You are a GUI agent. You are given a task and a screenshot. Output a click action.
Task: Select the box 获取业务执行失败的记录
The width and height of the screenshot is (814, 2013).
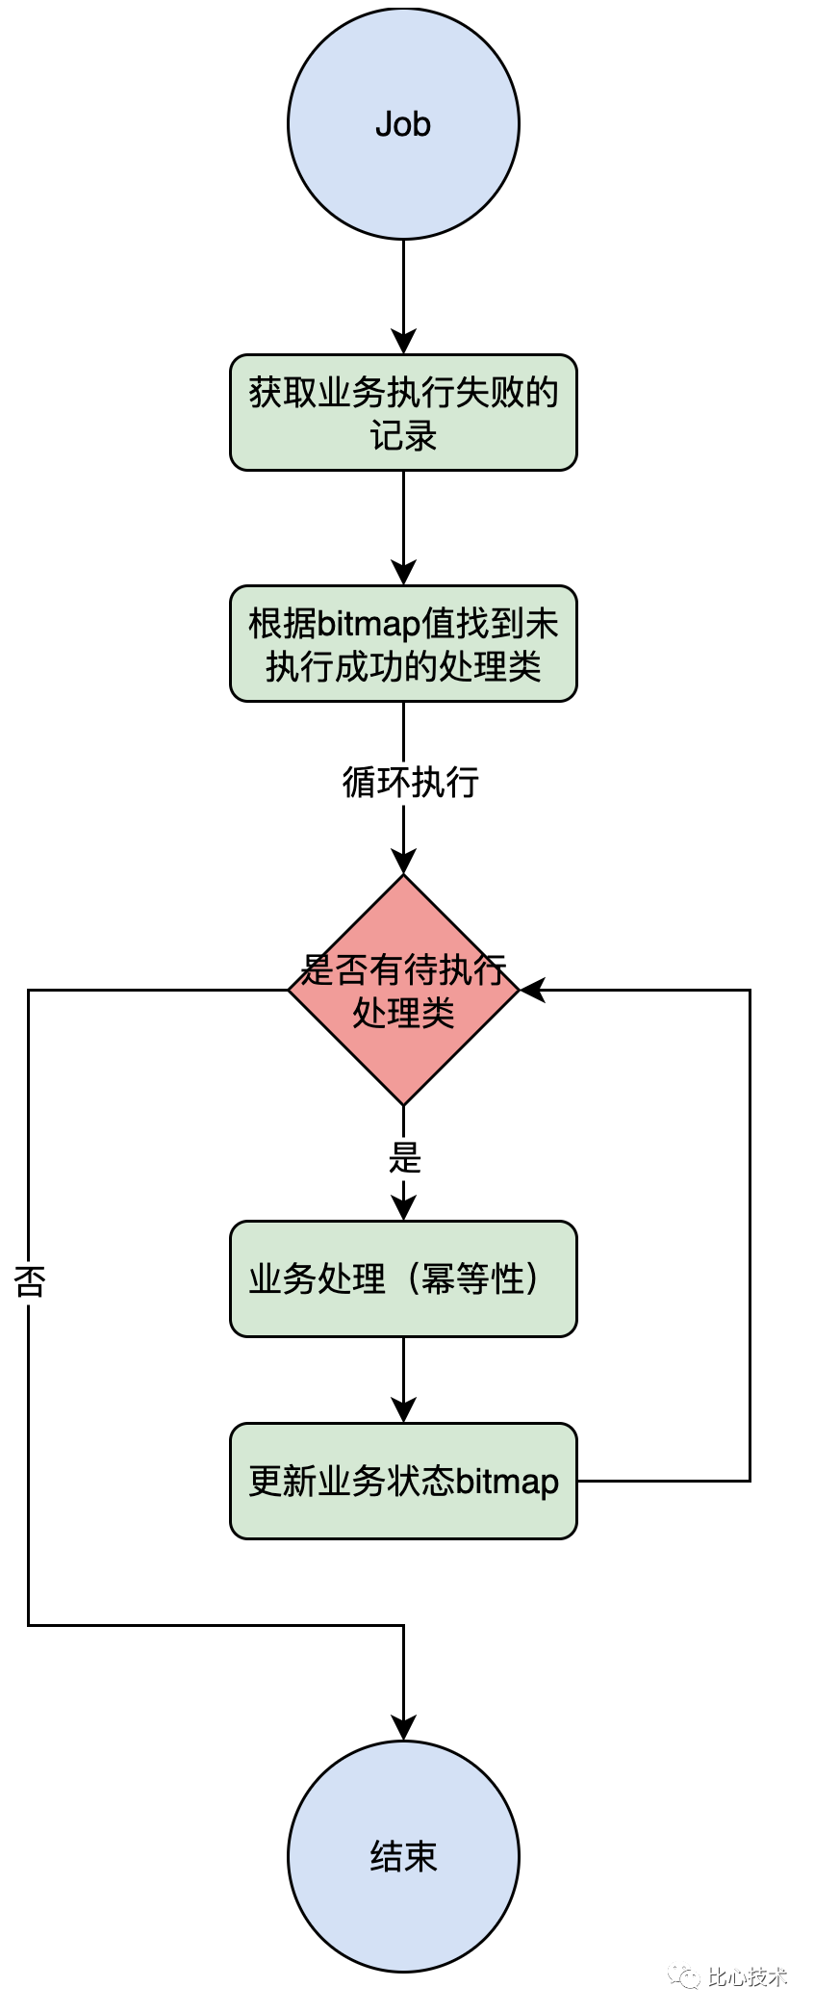point(403,412)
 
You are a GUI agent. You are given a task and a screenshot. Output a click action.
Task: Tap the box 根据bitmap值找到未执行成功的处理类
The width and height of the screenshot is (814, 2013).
point(403,643)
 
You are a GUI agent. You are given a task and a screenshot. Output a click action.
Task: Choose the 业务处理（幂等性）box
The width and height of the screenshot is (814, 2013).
point(403,1278)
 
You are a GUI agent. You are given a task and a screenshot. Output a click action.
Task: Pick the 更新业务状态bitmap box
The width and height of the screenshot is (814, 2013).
point(403,1481)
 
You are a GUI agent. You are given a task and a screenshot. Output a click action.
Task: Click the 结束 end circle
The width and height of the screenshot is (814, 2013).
point(403,1856)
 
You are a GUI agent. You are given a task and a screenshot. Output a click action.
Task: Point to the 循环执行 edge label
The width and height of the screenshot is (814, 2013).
point(411,782)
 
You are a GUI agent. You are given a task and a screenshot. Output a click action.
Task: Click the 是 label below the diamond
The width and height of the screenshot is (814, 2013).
point(405,1157)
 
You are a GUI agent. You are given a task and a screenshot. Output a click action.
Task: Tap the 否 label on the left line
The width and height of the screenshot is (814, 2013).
point(29,1280)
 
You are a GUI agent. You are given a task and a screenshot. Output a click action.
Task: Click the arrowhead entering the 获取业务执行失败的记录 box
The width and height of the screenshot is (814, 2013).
point(403,342)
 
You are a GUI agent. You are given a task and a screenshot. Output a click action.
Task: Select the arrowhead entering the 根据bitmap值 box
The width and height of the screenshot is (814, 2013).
point(403,573)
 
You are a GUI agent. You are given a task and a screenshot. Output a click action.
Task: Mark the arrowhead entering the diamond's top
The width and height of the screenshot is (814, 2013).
point(403,862)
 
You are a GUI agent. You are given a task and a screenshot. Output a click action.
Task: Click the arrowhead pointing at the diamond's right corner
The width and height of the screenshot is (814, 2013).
point(532,990)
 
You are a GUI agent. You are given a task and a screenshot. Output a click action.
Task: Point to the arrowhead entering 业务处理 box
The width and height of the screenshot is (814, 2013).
point(403,1208)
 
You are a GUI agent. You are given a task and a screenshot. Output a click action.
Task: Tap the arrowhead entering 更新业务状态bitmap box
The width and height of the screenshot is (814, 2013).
point(403,1410)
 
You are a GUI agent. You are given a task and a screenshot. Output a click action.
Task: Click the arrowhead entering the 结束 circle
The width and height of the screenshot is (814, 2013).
point(403,1728)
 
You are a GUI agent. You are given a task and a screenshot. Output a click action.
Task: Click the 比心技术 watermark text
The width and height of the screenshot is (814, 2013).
point(748,1976)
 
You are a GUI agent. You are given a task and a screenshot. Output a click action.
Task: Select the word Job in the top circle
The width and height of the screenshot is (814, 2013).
point(403,124)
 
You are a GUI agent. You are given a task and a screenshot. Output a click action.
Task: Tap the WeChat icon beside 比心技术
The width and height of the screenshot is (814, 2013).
point(685,1976)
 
